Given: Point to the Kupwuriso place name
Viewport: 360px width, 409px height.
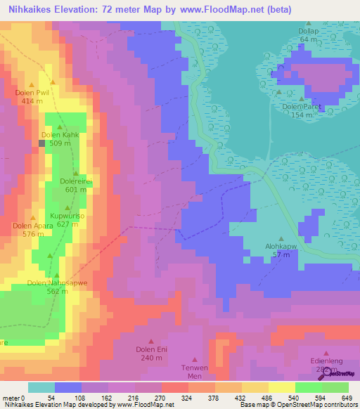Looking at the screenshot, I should coord(67,216).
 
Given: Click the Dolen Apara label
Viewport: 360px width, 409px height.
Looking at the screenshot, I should coord(32,226).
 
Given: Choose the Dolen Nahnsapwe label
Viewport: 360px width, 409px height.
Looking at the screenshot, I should coord(57,283).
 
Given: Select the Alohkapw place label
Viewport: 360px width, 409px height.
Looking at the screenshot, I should coord(281,247).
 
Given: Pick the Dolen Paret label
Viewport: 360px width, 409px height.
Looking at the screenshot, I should coord(302,107).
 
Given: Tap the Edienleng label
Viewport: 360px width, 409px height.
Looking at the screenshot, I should coord(326,362).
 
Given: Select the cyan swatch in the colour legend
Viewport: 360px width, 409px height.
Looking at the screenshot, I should coord(41,387).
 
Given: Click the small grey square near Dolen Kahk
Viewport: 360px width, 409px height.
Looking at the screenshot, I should coord(42,143).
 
